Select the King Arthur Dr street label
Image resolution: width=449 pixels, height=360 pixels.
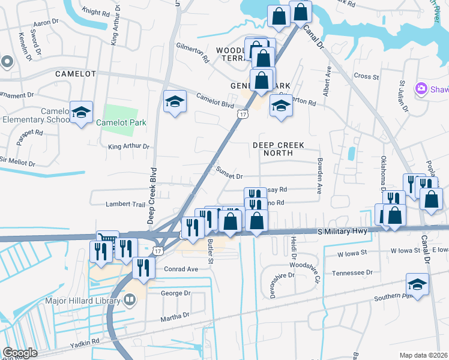click(x=128, y=146)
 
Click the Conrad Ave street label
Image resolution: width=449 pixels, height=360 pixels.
click(x=181, y=269)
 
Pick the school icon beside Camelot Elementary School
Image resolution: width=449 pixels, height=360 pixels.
click(x=81, y=112)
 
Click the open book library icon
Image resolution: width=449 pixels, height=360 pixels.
click(x=130, y=299)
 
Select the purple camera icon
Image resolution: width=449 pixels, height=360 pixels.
click(x=421, y=89)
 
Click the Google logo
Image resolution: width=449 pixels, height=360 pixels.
click(x=19, y=353)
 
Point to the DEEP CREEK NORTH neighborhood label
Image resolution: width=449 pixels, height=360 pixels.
click(x=278, y=149)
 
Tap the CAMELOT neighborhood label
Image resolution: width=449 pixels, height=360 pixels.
click(x=75, y=74)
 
